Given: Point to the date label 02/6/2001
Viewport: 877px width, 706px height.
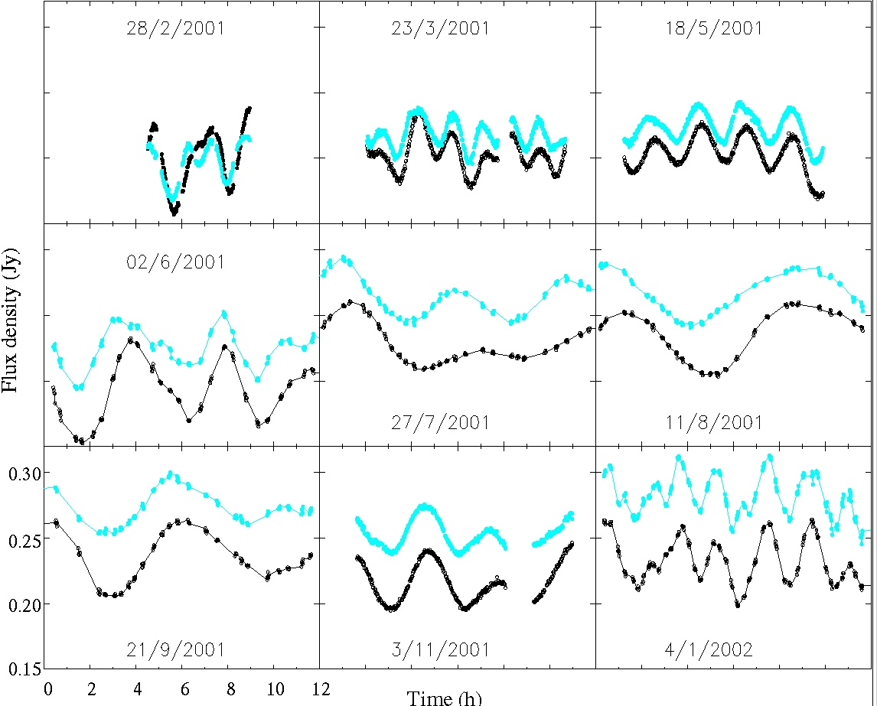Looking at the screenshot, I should [x=175, y=262].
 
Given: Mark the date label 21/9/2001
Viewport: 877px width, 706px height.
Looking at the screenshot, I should [x=175, y=650].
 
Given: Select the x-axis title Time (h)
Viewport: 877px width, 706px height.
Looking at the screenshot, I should [x=445, y=697].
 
